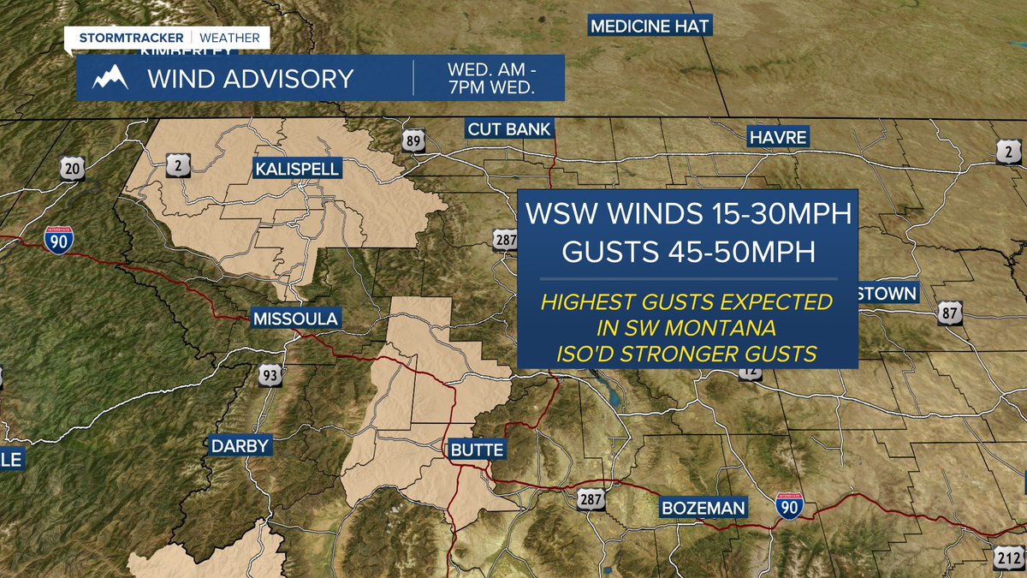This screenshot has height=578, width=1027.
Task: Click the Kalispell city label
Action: [297, 169]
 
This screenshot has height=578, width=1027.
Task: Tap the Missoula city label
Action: [295, 319]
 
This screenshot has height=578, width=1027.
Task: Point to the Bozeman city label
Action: [703, 508]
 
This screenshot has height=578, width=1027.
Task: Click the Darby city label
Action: [240, 445]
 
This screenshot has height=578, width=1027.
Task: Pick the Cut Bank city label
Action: [509, 129]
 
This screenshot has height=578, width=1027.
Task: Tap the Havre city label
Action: [778, 137]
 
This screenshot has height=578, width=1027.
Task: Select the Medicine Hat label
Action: [650, 26]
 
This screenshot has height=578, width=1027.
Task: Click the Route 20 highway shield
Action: [73, 169]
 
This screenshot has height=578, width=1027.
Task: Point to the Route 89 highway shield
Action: [414, 142]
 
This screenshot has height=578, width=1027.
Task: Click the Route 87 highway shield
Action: [951, 313]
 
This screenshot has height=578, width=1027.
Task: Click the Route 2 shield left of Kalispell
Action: [177, 166]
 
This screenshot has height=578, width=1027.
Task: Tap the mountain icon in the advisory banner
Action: [110, 79]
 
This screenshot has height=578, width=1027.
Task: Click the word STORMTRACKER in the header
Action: [131, 38]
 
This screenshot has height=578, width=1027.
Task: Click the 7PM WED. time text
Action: [491, 87]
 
